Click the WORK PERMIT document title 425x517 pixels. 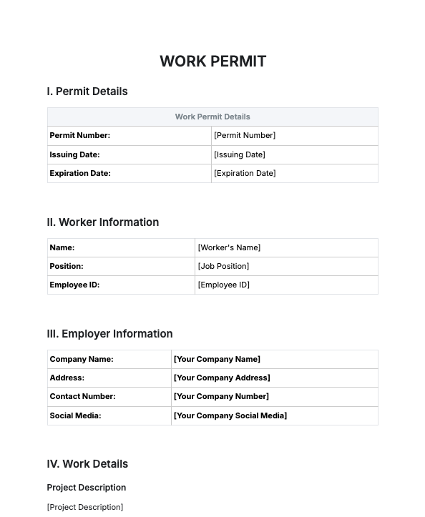tap(212, 61)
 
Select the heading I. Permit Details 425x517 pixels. tap(87, 92)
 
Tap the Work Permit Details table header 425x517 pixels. tap(212, 117)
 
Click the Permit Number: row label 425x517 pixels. tap(79, 135)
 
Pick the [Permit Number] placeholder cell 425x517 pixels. tap(245, 135)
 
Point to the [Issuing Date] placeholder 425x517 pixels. tap(240, 154)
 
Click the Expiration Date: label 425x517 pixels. tap(80, 173)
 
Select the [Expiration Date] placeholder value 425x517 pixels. tap(245, 173)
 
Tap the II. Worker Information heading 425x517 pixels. tap(103, 222)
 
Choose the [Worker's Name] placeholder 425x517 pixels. tap(229, 247)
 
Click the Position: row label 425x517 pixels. tap(67, 266)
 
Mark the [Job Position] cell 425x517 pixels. tap(223, 266)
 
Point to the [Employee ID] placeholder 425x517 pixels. tap(223, 285)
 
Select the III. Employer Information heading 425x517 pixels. tap(109, 334)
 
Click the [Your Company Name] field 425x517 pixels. tap(217, 359)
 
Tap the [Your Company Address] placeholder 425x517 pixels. tap(222, 378)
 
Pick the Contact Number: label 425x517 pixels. tap(82, 396)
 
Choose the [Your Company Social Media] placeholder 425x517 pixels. tap(230, 415)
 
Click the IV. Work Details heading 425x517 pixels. tap(87, 464)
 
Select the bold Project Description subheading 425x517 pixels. tap(87, 488)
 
